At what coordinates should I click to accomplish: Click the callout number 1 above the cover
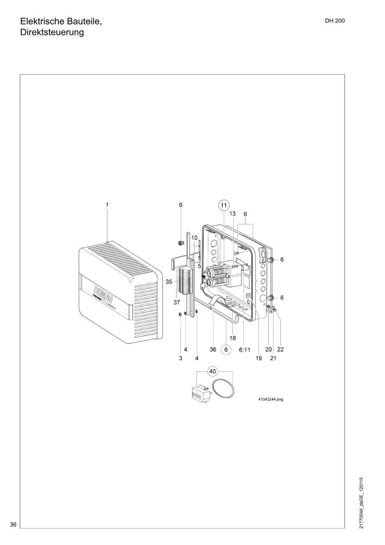coord(107,205)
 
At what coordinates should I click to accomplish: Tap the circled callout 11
coord(224,205)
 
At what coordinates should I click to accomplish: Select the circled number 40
coord(212,371)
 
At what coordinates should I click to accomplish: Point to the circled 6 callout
coord(226,350)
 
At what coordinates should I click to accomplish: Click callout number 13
coord(233,214)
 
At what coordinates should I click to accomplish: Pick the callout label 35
coord(169,282)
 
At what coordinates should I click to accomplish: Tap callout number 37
coord(177,302)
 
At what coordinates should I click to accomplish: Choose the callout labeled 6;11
coord(245,350)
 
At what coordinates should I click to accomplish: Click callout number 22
coord(280,350)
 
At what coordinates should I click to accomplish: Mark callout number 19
coord(259,358)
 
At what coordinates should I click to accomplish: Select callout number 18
coord(233,338)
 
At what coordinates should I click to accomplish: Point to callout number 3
coord(180,358)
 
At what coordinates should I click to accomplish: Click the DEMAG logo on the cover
coord(103,294)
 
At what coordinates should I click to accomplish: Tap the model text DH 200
coord(335,21)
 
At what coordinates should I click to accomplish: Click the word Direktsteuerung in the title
coord(52,32)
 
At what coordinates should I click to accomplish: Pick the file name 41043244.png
coord(271,399)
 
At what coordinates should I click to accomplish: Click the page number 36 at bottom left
coord(13,525)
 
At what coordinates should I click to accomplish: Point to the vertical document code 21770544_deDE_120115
coord(361,503)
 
